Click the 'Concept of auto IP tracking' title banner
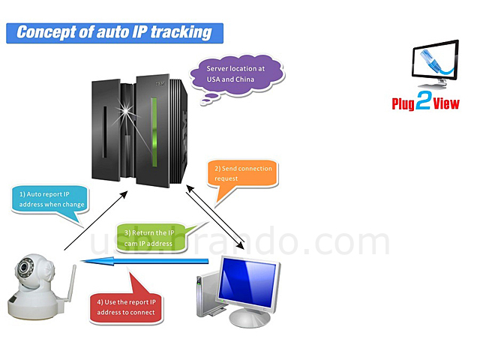click(114, 32)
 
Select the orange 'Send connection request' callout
click(243, 173)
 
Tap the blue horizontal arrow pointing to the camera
click(142, 261)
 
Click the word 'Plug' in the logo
click(403, 103)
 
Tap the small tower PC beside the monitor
click(202, 295)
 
